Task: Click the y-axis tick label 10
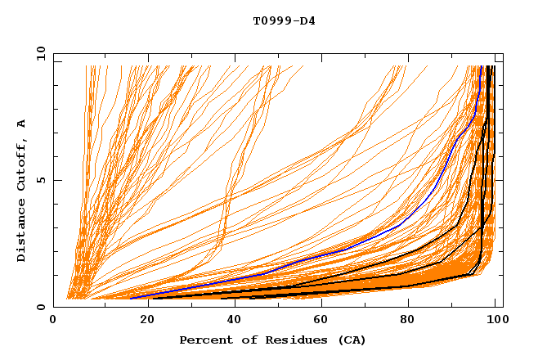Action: (40, 53)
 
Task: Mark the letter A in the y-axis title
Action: (22, 123)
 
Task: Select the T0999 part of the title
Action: (271, 20)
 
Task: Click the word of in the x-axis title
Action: (244, 340)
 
